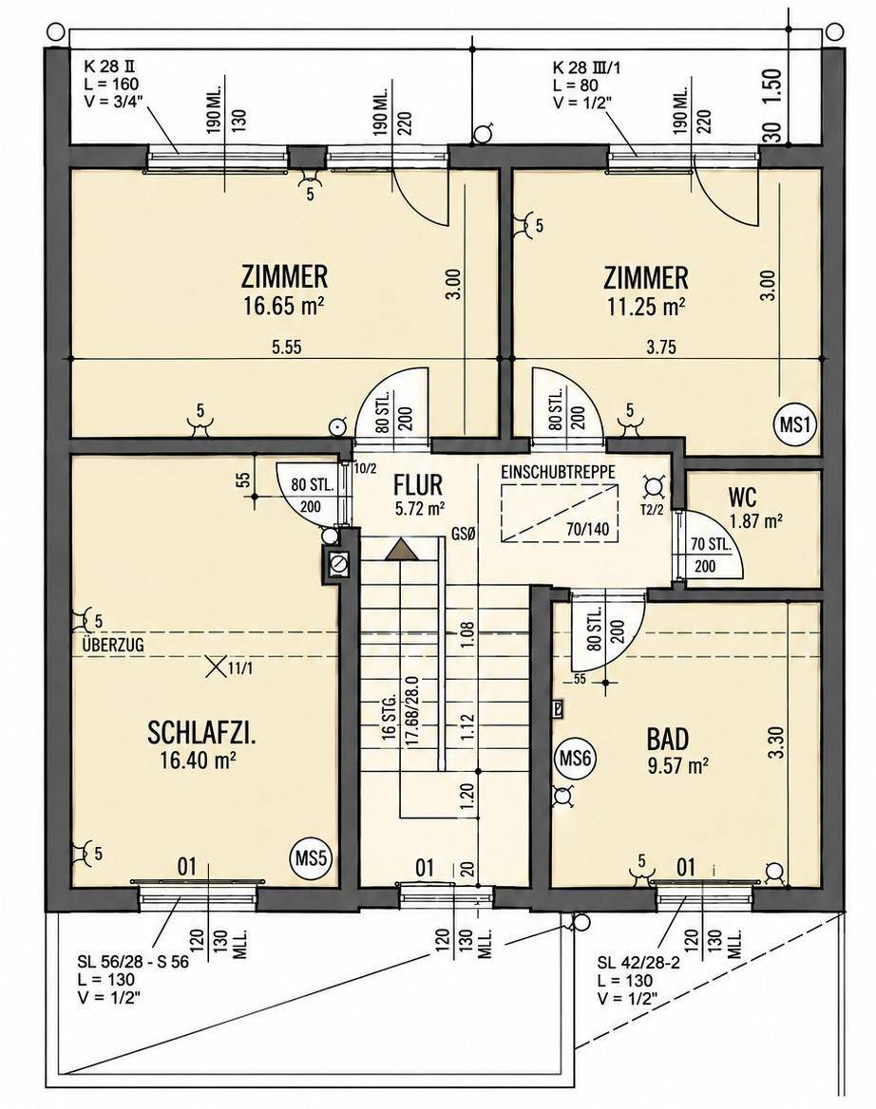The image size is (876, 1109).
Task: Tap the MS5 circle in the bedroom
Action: pyautogui.click(x=311, y=858)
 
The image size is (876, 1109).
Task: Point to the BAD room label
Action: pyautogui.click(x=667, y=739)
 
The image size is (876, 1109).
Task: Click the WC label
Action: pyautogui.click(x=742, y=498)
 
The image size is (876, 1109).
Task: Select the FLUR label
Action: pyautogui.click(x=418, y=485)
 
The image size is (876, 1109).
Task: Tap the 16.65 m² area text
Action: pyautogui.click(x=284, y=306)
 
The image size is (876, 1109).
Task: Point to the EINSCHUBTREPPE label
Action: pyautogui.click(x=559, y=471)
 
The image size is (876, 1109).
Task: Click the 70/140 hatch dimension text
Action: pyautogui.click(x=587, y=529)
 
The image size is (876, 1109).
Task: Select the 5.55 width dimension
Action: pyautogui.click(x=287, y=347)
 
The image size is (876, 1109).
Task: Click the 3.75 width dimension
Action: pyautogui.click(x=660, y=347)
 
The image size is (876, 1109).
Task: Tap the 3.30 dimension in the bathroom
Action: pyautogui.click(x=777, y=742)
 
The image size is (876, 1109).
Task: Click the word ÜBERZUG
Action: pyautogui.click(x=112, y=645)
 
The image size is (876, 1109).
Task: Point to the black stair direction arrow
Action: pyautogui.click(x=400, y=550)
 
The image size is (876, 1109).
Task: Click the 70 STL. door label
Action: pyautogui.click(x=711, y=545)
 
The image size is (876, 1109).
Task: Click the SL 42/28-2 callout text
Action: pyautogui.click(x=638, y=963)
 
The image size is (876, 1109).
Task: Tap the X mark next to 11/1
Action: pyautogui.click(x=215, y=667)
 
